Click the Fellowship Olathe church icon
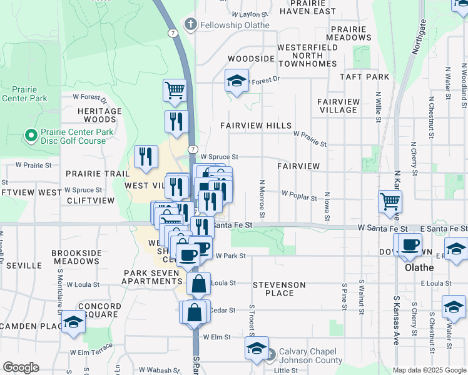click(190, 25)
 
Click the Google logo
click(21, 367)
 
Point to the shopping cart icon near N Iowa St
click(390, 201)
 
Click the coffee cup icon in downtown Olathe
click(410, 244)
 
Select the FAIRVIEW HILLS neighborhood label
click(256, 126)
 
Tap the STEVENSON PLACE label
click(279, 289)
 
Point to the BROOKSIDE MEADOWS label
click(76, 257)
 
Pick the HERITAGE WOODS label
click(99, 115)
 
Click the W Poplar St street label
click(299, 196)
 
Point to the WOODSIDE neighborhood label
click(251, 59)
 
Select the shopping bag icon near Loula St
click(198, 284)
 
